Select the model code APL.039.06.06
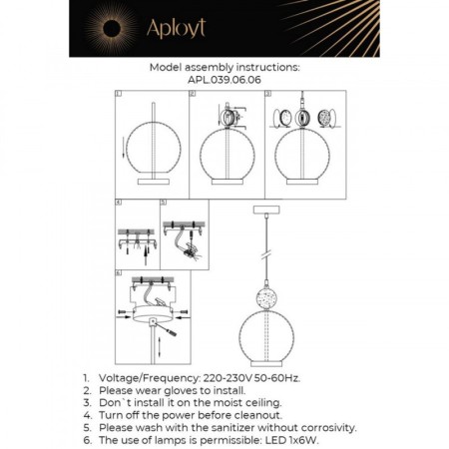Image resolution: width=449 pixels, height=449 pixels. pos(224,81)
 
